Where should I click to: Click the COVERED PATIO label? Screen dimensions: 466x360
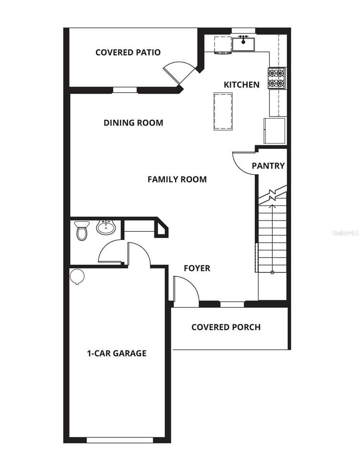pyautogui.click(x=128, y=52)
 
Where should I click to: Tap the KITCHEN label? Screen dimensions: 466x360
pyautogui.click(x=242, y=85)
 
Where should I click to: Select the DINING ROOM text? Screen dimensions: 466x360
pyautogui.click(x=133, y=123)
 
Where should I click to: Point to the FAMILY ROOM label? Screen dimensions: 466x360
pyautogui.click(x=177, y=179)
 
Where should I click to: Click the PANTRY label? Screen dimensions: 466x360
pyautogui.click(x=268, y=166)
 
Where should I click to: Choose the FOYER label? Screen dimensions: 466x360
pyautogui.click(x=197, y=268)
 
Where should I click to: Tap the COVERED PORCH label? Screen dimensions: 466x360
pyautogui.click(x=226, y=327)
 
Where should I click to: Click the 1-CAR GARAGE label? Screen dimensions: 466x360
pyautogui.click(x=116, y=353)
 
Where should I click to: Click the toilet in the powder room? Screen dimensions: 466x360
pyautogui.click(x=82, y=231)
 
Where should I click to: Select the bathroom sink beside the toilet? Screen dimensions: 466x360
pyautogui.click(x=106, y=227)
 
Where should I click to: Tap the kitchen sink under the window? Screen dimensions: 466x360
pyautogui.click(x=243, y=44)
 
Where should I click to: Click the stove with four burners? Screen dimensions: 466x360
pyautogui.click(x=277, y=78)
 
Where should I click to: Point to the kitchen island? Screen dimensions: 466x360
pyautogui.click(x=223, y=111)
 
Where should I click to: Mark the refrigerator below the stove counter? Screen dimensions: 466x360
pyautogui.click(x=275, y=130)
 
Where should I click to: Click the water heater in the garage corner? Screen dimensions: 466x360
pyautogui.click(x=77, y=276)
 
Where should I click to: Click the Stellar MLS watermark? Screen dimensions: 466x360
pyautogui.click(x=345, y=233)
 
